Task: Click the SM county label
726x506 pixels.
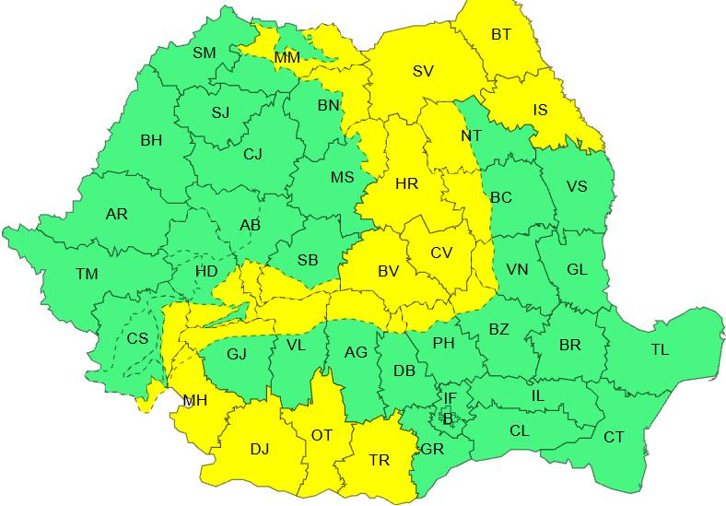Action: (x=204, y=53)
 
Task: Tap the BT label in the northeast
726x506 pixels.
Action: (x=501, y=35)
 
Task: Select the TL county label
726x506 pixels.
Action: (x=660, y=349)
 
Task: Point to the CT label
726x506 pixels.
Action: (x=614, y=437)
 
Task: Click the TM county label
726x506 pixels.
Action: (x=87, y=274)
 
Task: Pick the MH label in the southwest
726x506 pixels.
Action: (x=194, y=400)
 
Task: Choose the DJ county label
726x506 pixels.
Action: (x=260, y=449)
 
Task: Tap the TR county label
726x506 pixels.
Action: (x=379, y=460)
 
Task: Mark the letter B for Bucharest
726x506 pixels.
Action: (x=448, y=418)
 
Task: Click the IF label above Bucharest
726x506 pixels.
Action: (x=450, y=398)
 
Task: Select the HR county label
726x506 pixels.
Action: (x=406, y=183)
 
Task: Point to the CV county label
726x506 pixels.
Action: (x=441, y=252)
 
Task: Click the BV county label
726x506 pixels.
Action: (x=388, y=271)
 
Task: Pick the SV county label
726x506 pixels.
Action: (x=423, y=71)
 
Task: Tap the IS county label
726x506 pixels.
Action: (x=540, y=111)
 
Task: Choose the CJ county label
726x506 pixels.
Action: (x=253, y=154)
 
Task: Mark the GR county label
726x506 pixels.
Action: (x=431, y=449)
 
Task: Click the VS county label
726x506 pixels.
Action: (x=577, y=186)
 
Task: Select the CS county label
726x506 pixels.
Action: (x=137, y=338)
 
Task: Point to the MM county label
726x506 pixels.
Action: (x=287, y=58)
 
